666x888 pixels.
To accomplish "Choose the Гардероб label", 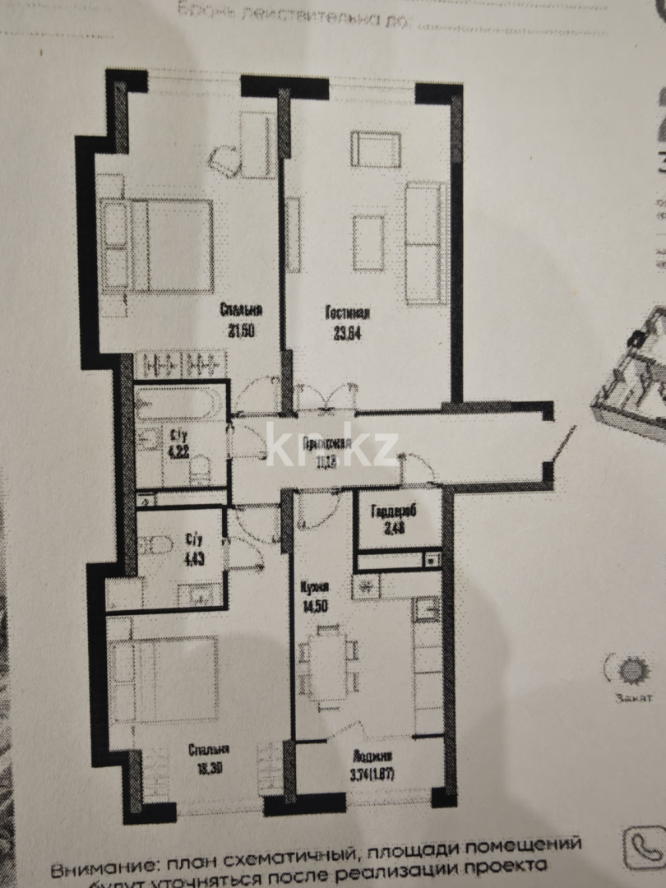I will click(x=394, y=511).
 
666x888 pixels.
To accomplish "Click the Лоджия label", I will click(x=371, y=756).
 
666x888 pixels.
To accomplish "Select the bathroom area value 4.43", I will click(x=195, y=557).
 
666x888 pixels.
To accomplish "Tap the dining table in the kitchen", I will click(x=328, y=665).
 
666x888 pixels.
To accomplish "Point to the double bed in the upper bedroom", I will click(x=158, y=245).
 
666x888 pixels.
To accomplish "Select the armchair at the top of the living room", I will click(x=376, y=149).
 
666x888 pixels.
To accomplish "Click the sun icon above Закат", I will click(x=631, y=671).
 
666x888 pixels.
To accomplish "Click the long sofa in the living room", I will click(x=425, y=243).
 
